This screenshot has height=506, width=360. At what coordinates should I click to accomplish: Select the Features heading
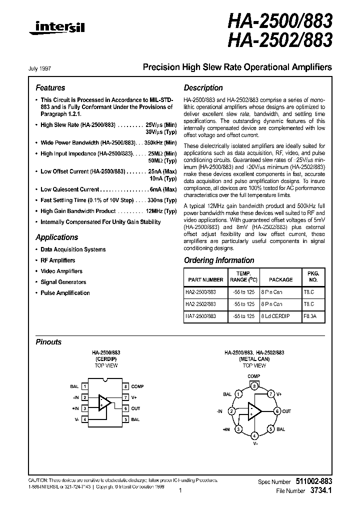pos(50,87)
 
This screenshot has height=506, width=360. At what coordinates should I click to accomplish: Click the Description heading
pos(203,87)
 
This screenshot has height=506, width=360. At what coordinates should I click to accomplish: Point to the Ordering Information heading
pos(219,260)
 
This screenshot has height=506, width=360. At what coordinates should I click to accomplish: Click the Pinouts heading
pos(49,342)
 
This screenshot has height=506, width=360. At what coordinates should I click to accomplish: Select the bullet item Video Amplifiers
pos(61,271)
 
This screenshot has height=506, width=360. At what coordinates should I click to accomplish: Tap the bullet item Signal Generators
pos(63,282)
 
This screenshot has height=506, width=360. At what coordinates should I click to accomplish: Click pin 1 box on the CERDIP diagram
pos(85,386)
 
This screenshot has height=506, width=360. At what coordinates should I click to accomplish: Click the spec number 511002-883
pos(311,481)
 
